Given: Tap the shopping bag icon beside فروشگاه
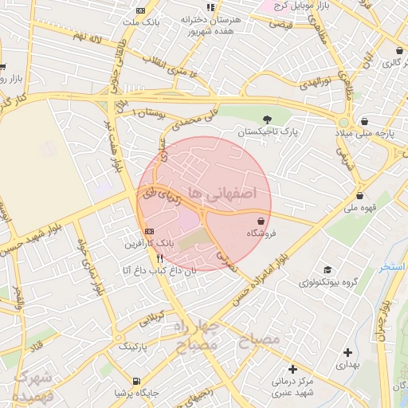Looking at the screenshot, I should coord(261,221).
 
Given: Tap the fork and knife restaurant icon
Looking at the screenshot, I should coord(159,258).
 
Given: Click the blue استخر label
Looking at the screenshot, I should coord(391,266).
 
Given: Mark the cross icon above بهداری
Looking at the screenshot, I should coord(347,351).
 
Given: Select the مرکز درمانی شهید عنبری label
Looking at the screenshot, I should coord(293,386).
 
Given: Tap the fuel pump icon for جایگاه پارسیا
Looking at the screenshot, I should coord(137,381).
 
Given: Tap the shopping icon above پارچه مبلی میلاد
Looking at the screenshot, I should coord(365,121).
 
